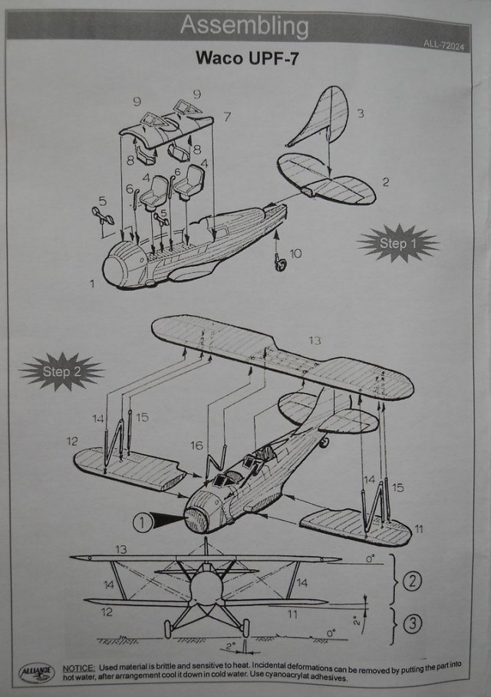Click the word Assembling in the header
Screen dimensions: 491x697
244,26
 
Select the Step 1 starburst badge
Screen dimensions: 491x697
397,244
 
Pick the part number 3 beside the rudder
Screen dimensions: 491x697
360,113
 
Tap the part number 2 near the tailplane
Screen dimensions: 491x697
386,182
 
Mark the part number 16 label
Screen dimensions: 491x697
197,445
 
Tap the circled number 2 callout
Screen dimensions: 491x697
412,580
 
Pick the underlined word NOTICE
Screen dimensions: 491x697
79,669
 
